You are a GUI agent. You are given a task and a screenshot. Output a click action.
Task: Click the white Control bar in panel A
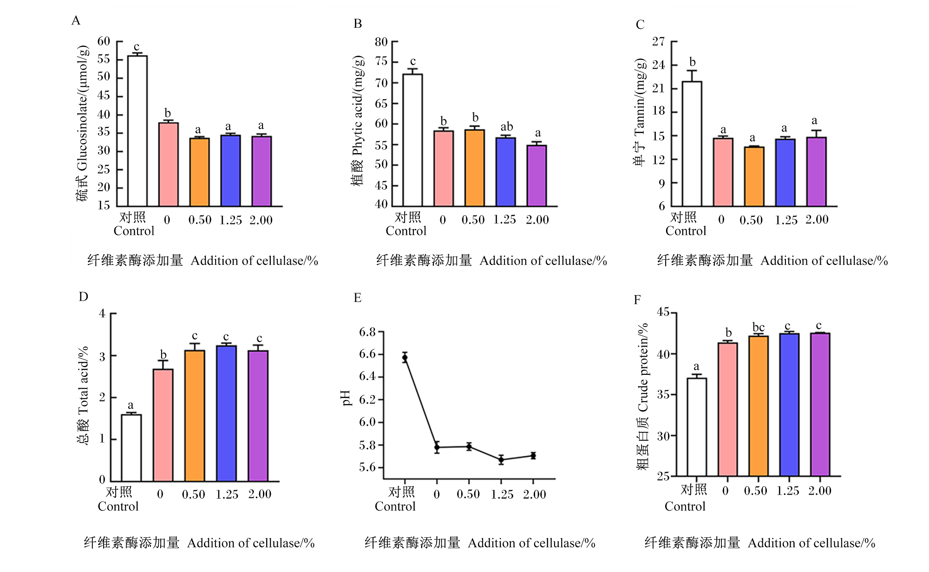(x=137, y=131)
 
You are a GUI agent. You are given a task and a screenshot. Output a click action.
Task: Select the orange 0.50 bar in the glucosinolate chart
(x=199, y=172)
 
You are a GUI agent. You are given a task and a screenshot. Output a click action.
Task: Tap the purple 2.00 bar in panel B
(x=536, y=176)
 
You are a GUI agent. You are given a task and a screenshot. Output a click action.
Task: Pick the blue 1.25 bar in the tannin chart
(x=785, y=173)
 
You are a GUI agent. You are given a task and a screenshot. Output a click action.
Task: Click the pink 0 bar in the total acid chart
(x=163, y=425)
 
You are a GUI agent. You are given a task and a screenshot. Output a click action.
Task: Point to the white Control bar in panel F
(x=697, y=427)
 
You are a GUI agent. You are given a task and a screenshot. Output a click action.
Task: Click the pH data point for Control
(x=405, y=357)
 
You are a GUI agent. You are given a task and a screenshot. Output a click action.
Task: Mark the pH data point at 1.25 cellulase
(x=501, y=460)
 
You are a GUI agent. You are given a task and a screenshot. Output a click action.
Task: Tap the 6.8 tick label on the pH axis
(x=367, y=332)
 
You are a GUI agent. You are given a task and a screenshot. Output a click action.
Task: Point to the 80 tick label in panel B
(x=381, y=42)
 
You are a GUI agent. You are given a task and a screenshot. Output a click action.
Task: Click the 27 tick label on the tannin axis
(x=658, y=41)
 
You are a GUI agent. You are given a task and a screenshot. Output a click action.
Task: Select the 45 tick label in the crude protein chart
(x=663, y=312)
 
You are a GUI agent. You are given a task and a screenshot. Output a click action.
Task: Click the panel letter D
(x=83, y=296)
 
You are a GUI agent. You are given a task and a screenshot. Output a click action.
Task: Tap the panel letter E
(x=357, y=297)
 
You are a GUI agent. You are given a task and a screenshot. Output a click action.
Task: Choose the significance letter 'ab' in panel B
(x=507, y=126)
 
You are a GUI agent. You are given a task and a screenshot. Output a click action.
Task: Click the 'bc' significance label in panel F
(x=759, y=327)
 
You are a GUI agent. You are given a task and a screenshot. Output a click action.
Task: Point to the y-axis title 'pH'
(x=346, y=398)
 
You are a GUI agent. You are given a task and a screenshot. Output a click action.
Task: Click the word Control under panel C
(x=686, y=231)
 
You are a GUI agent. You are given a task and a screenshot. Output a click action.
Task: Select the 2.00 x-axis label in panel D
(x=260, y=494)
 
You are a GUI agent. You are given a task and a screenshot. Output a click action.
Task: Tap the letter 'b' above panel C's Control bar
(x=693, y=62)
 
